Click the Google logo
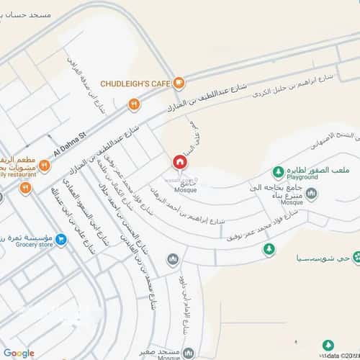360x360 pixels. click(19, 352)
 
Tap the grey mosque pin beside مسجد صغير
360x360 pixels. click(189, 354)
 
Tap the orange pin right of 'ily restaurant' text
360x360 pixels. click(44, 167)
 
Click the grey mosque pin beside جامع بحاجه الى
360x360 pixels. click(311, 193)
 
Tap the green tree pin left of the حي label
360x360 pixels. click(269, 250)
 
